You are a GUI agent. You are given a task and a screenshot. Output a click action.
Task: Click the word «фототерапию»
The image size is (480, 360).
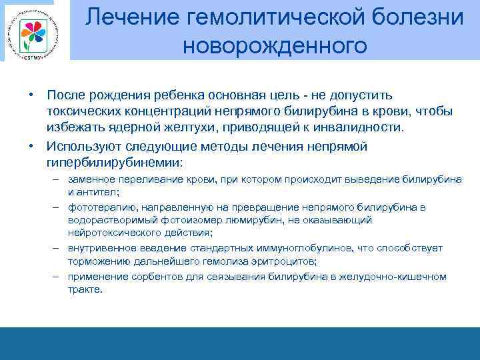[98, 207]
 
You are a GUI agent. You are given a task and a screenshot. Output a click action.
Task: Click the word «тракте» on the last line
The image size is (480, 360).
[85, 289]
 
